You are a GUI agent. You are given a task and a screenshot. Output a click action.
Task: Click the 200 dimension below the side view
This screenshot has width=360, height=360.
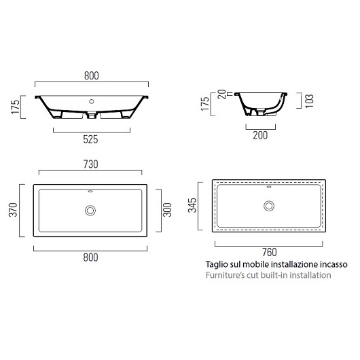[260, 135]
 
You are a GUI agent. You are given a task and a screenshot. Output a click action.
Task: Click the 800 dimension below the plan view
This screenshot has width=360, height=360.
[90, 257]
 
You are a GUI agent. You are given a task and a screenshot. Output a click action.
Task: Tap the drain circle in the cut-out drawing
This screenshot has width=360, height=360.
[269, 205]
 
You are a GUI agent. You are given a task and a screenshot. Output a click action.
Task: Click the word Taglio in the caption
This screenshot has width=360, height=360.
[217, 265]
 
